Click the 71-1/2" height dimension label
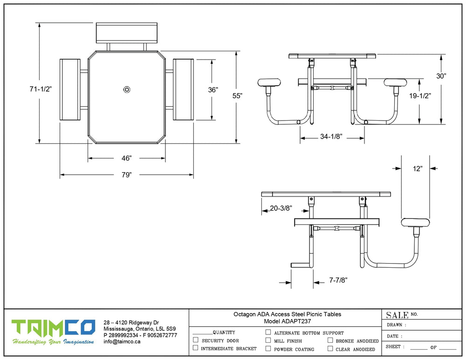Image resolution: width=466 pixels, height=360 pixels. click(41, 89)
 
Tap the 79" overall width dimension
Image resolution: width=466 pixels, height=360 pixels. click(127, 175)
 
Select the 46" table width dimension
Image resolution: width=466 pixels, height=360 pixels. click(127, 158)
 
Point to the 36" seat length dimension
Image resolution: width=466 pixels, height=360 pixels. click(213, 90)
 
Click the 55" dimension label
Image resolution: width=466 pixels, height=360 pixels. click(238, 95)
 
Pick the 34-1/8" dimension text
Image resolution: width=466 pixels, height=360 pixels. click(331, 136)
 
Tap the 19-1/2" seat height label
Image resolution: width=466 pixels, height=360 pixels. click(420, 95)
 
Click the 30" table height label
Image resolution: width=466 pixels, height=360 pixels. click(441, 76)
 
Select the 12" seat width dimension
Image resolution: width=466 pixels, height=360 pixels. click(418, 169)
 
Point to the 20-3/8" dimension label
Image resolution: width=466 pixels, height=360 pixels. click(281, 208)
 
